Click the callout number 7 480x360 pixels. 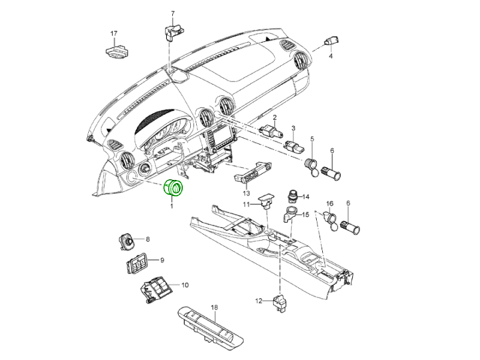pos(172,13)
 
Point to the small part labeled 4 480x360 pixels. pos(330,41)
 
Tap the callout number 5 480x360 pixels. pos(312,139)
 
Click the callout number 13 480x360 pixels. pos(246,193)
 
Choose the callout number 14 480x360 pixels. pos(305,197)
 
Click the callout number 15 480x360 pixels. pos(305,214)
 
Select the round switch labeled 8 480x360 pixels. pos(127,241)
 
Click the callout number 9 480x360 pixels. pos(161,260)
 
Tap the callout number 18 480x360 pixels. pos(214,307)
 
